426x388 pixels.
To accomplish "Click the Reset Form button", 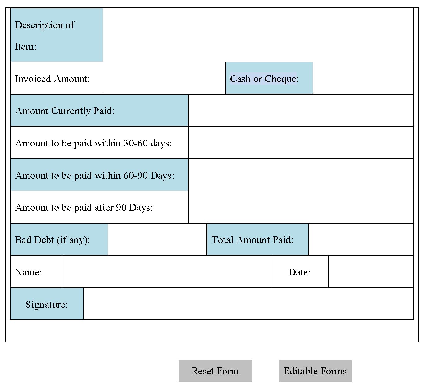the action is (x=215, y=371).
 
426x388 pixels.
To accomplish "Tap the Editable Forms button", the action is (x=315, y=371).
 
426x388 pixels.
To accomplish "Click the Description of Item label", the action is (x=45, y=35).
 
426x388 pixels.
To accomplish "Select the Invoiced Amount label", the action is (x=52, y=79).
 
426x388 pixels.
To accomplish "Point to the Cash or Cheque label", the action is (x=264, y=79).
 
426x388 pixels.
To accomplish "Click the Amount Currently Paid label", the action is (x=65, y=111).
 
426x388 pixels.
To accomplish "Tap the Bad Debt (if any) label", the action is (x=52, y=240).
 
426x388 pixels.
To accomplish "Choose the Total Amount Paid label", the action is (x=252, y=240).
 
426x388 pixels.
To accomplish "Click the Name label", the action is (x=29, y=272).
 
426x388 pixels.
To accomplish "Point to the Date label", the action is (x=299, y=272).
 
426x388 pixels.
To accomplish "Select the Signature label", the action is (x=47, y=304).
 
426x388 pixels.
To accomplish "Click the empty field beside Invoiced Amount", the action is (x=164, y=78).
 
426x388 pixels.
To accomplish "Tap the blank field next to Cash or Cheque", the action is (x=363, y=78).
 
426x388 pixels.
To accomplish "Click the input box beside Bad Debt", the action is (x=157, y=239).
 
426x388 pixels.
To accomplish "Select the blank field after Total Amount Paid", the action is (x=361, y=239).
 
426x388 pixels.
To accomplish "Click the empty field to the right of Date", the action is (x=370, y=271).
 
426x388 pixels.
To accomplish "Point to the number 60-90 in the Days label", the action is (x=135, y=175).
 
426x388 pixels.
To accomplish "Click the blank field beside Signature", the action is (x=248, y=303).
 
